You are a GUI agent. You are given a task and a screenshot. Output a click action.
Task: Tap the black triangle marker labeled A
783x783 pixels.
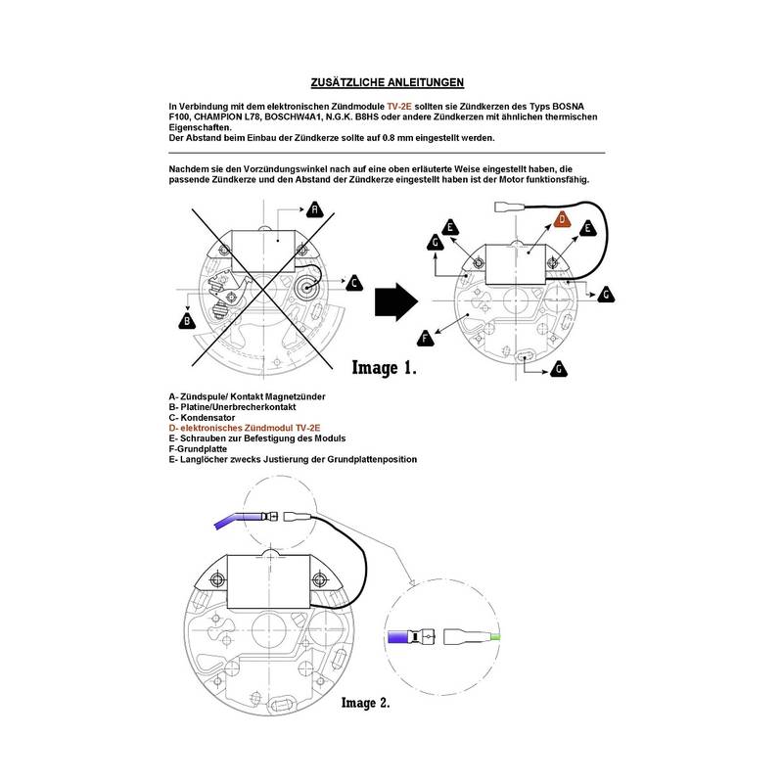point(314,210)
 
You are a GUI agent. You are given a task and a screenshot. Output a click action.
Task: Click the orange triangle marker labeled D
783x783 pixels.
point(563,219)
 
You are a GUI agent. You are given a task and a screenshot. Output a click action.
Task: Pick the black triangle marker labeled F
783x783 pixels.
point(425,339)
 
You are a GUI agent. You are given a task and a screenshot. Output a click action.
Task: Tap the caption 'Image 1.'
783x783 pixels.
point(385,369)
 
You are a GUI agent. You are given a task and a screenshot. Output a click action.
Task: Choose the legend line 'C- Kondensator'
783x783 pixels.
point(207,417)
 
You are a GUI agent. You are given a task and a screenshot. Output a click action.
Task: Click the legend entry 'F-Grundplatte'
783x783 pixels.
point(208,448)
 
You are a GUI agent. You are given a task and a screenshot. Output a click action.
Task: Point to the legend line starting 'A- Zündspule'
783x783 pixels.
point(247,395)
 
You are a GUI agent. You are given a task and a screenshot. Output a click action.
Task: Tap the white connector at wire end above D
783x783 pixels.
point(504,207)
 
